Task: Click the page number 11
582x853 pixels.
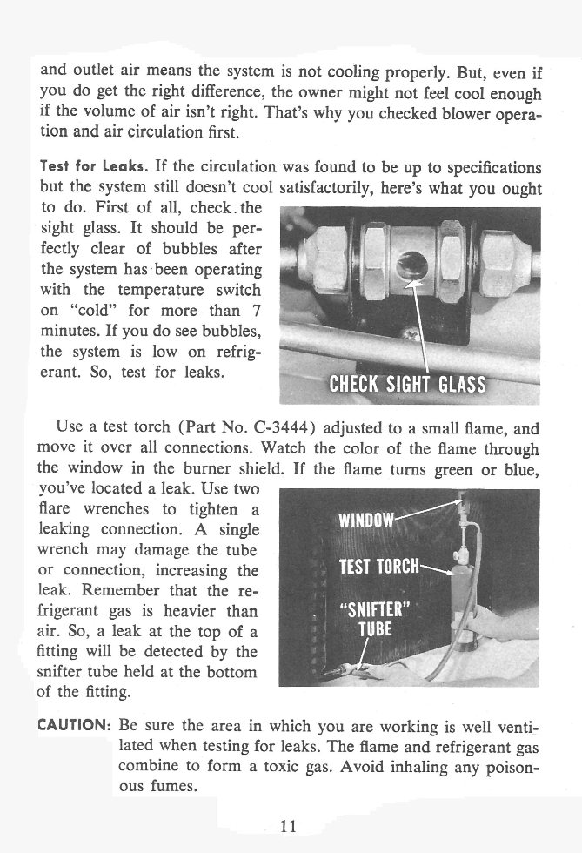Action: tap(290, 826)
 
